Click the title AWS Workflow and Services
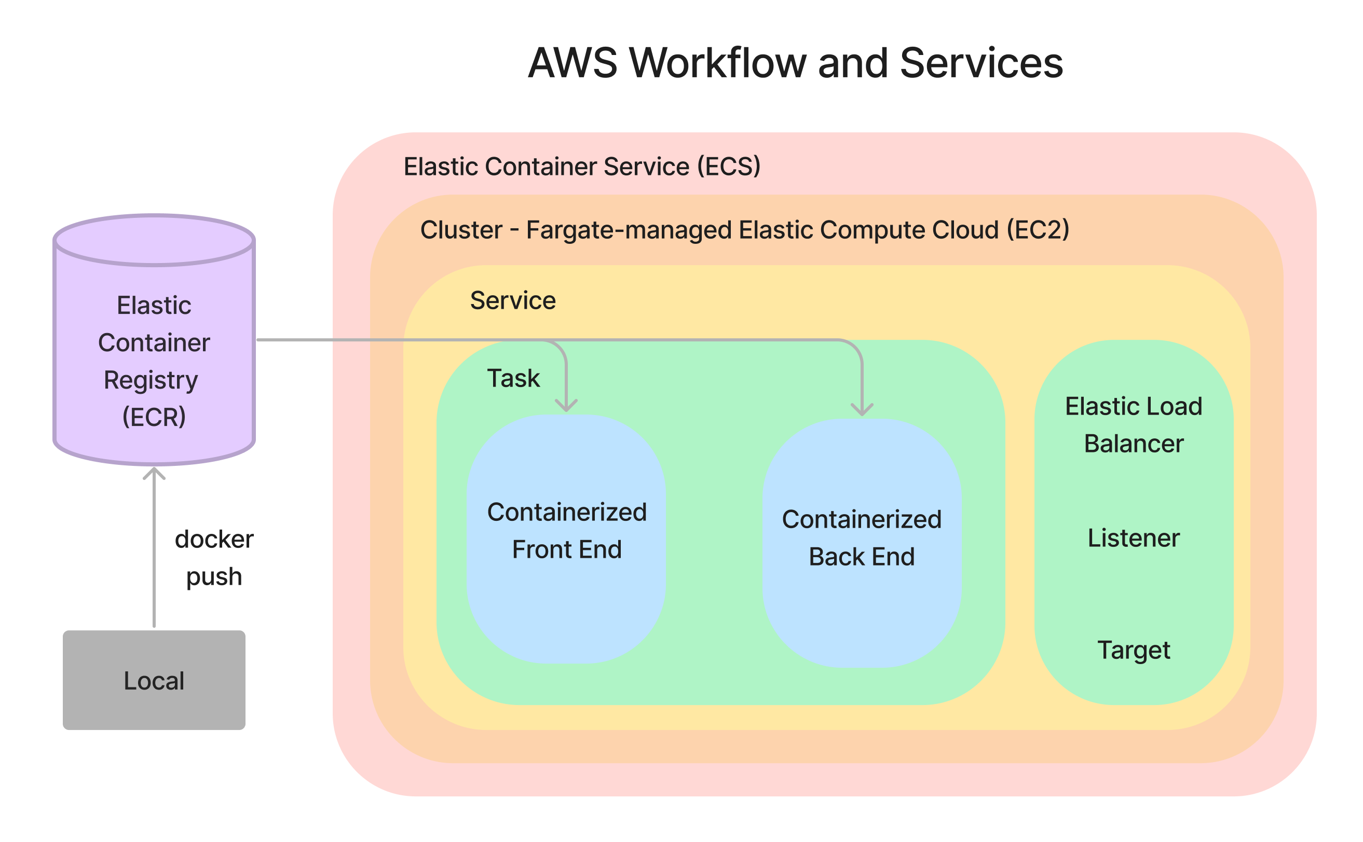tap(795, 63)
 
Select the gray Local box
tap(154, 680)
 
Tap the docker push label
tap(214, 557)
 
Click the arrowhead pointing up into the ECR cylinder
tap(154, 474)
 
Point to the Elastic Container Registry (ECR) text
tap(154, 361)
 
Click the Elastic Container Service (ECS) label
tap(581, 167)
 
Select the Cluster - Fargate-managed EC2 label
tap(744, 230)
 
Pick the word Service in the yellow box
tap(512, 301)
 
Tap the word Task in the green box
tap(513, 379)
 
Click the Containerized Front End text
tap(566, 531)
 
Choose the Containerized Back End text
tap(861, 538)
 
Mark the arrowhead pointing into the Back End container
tap(862, 410)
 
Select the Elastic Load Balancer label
tap(1133, 425)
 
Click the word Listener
tap(1133, 538)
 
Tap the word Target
tap(1133, 650)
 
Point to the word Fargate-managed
tap(629, 230)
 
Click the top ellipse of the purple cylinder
tap(154, 241)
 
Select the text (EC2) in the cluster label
tap(1038, 230)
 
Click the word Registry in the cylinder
tap(151, 380)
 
